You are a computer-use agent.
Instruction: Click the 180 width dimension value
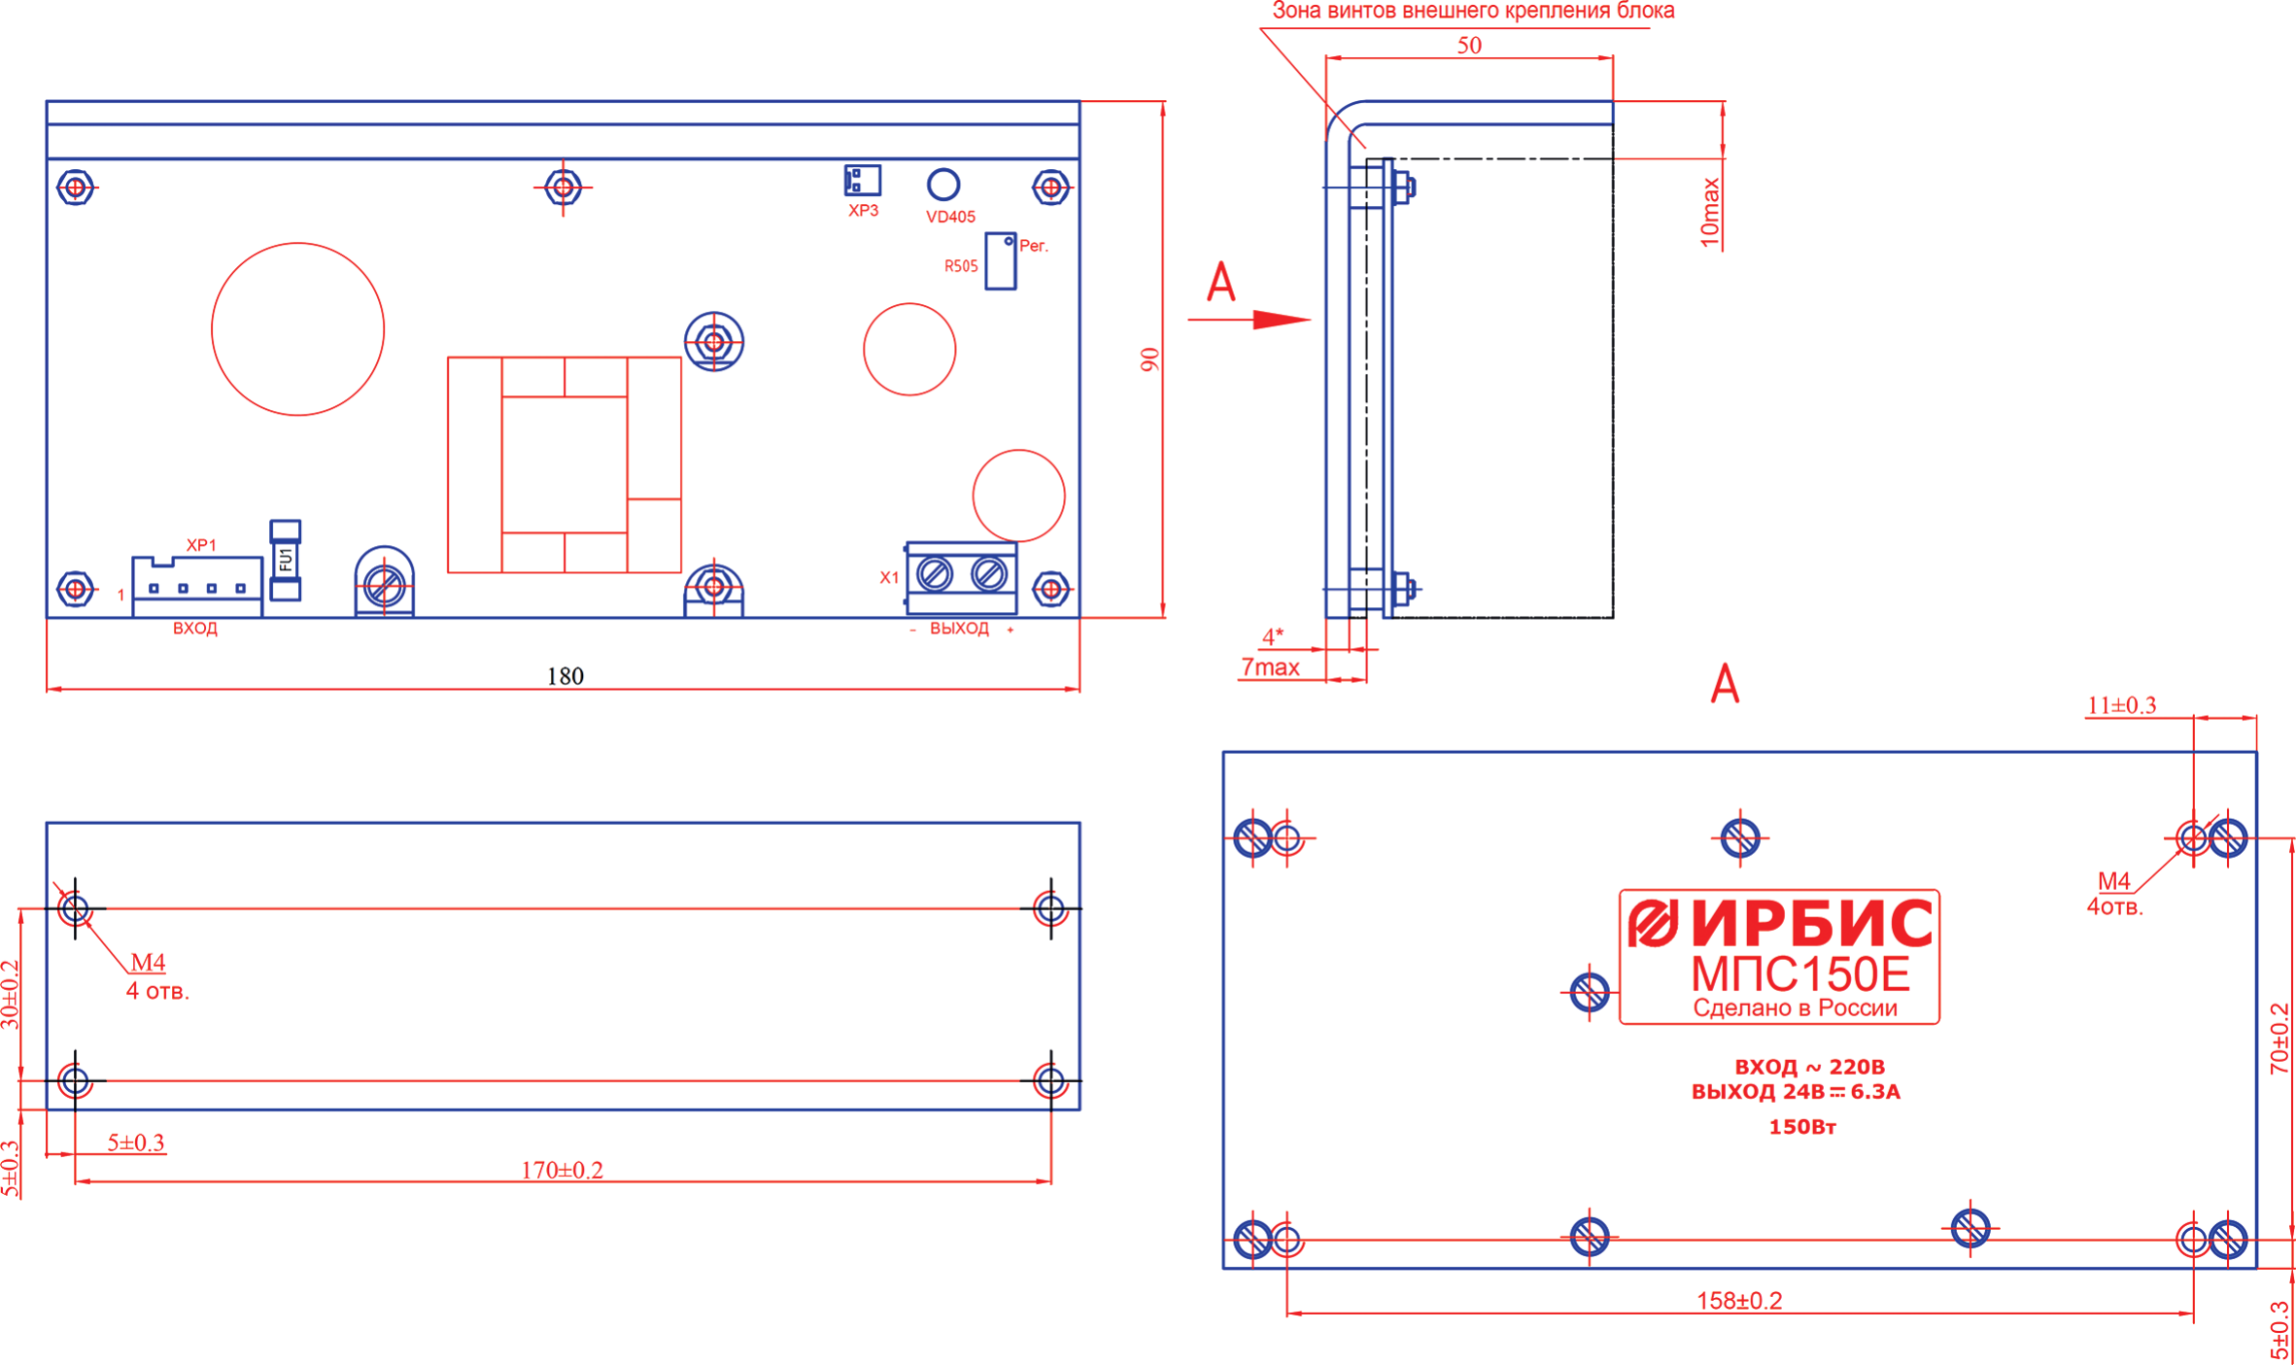[x=565, y=675]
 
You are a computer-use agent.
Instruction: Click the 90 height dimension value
[x=1149, y=359]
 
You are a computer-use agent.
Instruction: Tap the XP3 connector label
[x=863, y=210]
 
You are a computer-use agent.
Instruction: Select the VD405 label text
[x=950, y=217]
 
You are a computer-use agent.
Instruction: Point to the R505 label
[x=961, y=265]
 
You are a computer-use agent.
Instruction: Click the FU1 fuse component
[x=285, y=560]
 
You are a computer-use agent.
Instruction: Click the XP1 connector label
[x=201, y=545]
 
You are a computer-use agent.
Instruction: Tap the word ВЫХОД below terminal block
[x=959, y=629]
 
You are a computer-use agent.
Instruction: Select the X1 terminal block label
[x=889, y=577]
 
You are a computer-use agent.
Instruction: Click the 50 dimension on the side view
[x=1469, y=45]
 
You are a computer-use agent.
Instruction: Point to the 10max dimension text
[x=1710, y=213]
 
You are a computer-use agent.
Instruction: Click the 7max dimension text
[x=1270, y=667]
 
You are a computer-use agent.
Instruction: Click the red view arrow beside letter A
[x=1250, y=319]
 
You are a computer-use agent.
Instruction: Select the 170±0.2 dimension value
[x=562, y=1170]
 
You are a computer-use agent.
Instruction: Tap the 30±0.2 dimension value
[x=10, y=995]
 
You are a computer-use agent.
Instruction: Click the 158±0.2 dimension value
[x=1739, y=1301]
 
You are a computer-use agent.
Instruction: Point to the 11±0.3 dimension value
[x=2121, y=704]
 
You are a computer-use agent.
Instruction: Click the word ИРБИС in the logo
[x=1812, y=923]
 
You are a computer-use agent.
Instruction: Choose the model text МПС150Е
[x=1800, y=974]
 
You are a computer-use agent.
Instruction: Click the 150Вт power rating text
[x=1802, y=1127]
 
